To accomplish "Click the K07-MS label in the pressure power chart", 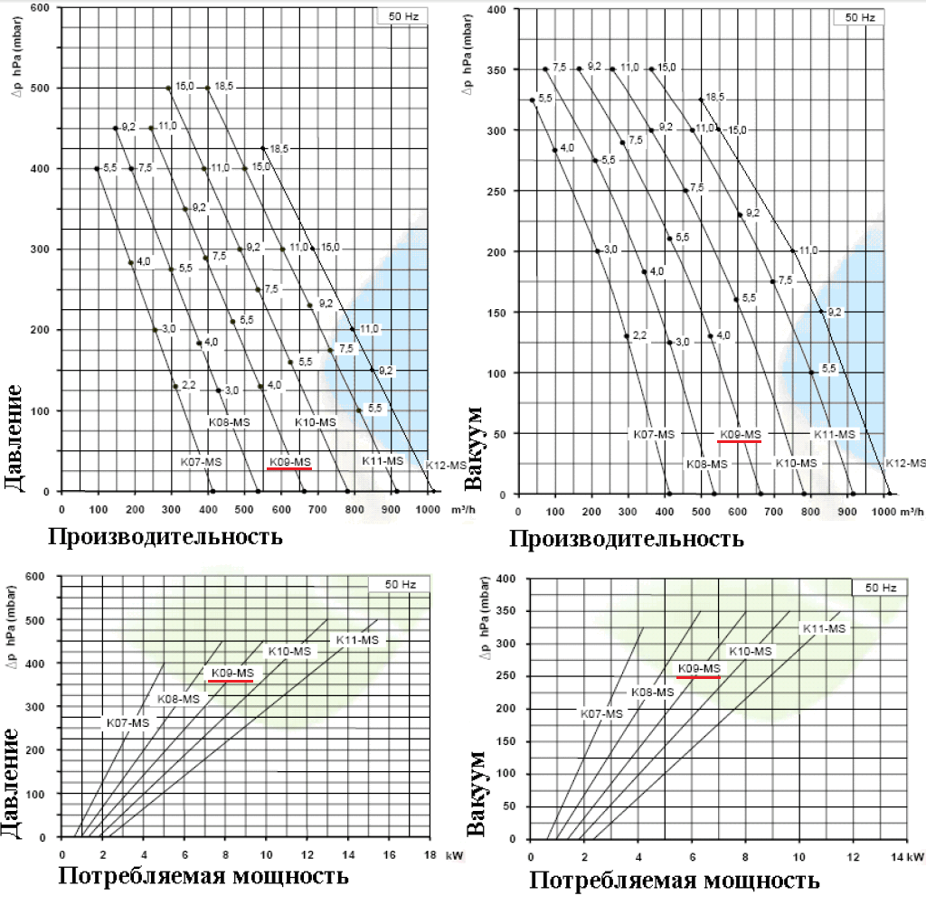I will pos(128,723).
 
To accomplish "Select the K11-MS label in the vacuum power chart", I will pos(824,628).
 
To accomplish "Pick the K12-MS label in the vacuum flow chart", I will pos(906,463).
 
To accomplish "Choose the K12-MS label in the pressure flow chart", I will pos(448,467).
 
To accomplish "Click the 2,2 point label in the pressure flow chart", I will pos(189,386).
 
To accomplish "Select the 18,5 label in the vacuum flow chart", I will pos(714,97).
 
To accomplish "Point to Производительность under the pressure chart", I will pos(165,537).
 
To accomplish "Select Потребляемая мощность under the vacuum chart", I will pos(675,880).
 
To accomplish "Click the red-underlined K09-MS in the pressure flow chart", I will pos(289,463).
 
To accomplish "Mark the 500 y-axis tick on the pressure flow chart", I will pos(43,88).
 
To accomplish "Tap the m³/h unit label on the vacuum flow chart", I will pos(915,511).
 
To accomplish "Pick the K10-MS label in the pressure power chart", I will pos(288,651).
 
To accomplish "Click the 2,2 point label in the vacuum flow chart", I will pos(639,335).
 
